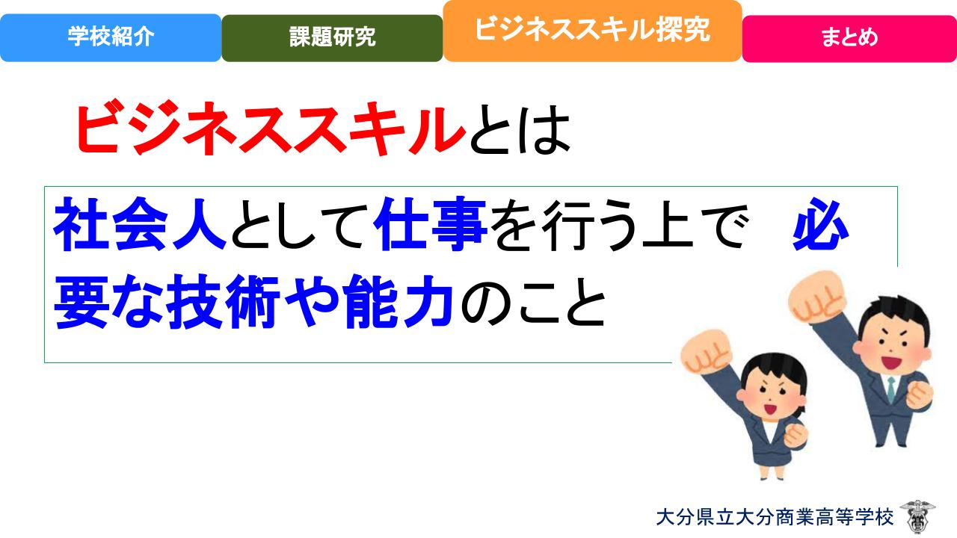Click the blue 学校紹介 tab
(111, 37)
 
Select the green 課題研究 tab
(332, 38)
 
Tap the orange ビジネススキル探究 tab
(593, 31)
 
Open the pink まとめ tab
(849, 38)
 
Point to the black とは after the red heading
(520, 129)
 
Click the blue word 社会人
(140, 225)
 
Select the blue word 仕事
(430, 223)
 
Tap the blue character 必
(820, 224)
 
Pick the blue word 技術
(223, 302)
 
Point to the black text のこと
(533, 303)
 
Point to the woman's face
(773, 396)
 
